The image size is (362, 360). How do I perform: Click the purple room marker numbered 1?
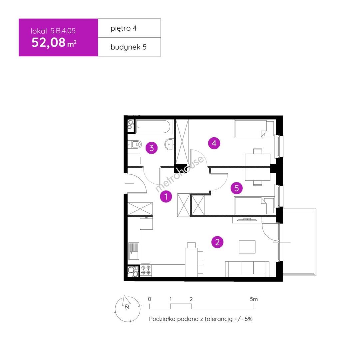[x=166, y=196]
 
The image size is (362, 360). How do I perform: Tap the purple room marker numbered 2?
[x=217, y=242]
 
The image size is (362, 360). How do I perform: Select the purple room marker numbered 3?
[x=152, y=148]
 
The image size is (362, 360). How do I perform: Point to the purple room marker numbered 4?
[x=214, y=143]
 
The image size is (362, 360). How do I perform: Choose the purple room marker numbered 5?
[x=236, y=188]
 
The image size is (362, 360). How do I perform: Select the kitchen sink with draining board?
[x=134, y=251]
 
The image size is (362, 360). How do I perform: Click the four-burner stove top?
[x=146, y=270]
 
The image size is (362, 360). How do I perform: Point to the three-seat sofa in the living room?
[x=247, y=269]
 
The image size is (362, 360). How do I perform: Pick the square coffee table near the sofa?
[x=247, y=247]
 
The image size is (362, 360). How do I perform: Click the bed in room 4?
[x=254, y=129]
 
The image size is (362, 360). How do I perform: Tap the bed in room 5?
[x=254, y=206]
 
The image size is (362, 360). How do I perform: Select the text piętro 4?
[x=124, y=28]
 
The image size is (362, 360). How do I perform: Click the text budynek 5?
[x=128, y=47]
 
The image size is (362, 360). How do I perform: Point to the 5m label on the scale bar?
[x=254, y=299]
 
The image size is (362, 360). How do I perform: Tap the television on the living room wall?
[x=247, y=219]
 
